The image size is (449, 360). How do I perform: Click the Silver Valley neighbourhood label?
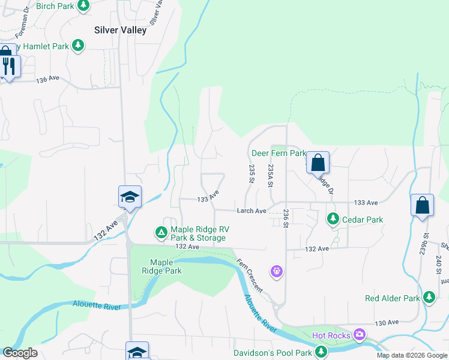click(x=120, y=30)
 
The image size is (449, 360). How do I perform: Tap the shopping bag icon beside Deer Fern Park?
click(x=318, y=162)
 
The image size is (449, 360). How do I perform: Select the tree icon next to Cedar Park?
click(x=333, y=219)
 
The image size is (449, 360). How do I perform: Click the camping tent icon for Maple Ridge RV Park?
click(x=161, y=232)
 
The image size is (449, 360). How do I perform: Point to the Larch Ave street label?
click(x=252, y=211)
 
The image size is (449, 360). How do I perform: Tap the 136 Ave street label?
click(x=48, y=79)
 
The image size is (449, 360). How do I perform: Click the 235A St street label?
click(x=271, y=175)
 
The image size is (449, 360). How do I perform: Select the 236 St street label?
click(x=286, y=217)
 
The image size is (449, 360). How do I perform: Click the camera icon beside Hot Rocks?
click(x=360, y=334)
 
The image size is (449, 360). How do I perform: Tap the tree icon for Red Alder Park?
click(x=429, y=298)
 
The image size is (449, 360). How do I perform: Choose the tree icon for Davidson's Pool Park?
click(x=322, y=352)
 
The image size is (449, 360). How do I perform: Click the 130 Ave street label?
click(x=387, y=323)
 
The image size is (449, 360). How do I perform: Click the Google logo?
click(x=20, y=353)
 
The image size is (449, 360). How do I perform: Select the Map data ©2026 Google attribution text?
click(x=412, y=355)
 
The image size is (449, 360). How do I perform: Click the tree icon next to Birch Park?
click(x=83, y=6)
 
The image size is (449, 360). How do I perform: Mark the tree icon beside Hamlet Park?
click(x=77, y=45)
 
